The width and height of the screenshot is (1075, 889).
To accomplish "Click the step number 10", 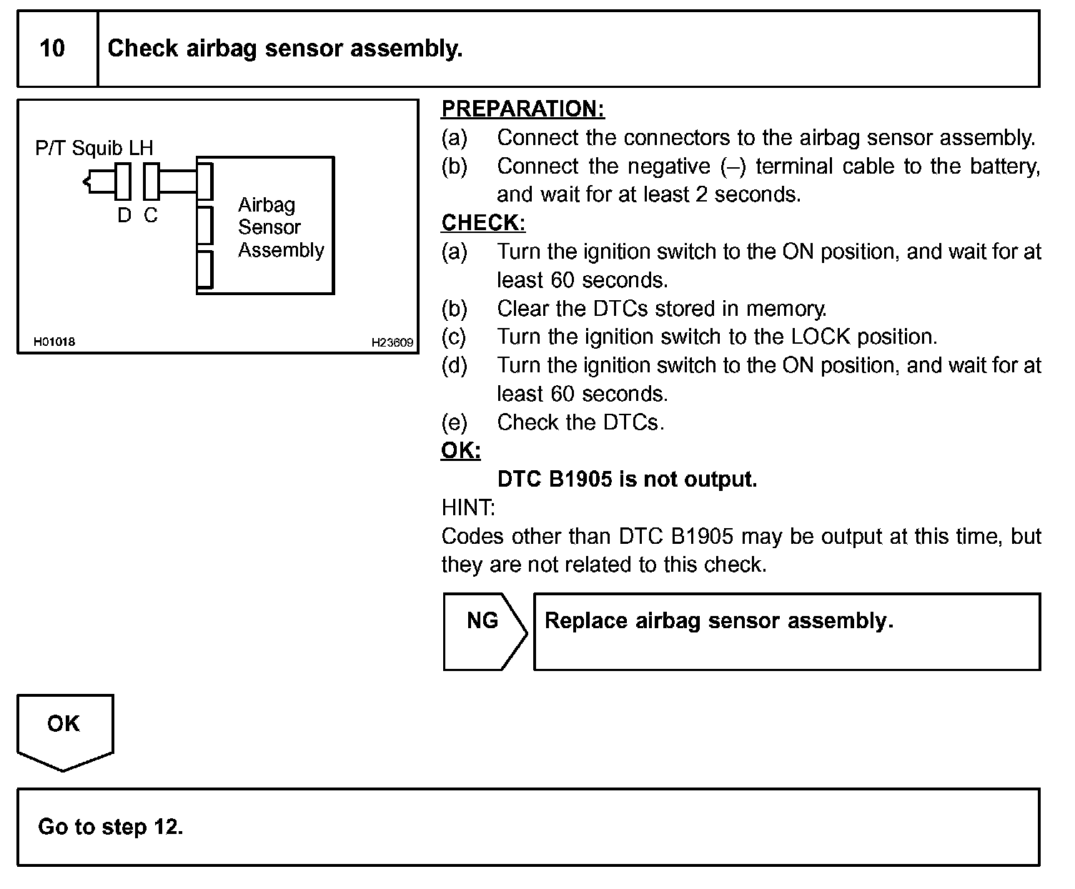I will point(52,49).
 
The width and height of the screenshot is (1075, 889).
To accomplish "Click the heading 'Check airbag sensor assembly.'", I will point(284,49).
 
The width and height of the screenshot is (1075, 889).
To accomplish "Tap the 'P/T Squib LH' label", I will point(94,148).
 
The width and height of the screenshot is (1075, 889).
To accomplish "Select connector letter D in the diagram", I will point(124,215).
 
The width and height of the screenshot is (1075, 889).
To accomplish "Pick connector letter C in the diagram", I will point(150,215).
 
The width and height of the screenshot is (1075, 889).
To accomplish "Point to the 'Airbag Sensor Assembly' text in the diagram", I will point(280,227).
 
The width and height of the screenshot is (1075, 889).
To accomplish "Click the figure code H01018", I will point(54,342).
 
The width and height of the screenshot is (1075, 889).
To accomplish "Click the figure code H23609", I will point(392,342).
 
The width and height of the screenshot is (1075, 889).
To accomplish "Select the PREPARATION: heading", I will point(522,109).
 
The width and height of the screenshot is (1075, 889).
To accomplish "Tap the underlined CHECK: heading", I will point(483,223).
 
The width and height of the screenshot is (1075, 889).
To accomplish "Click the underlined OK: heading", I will point(461,450).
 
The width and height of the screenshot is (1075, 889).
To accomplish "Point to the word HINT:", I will point(468,507).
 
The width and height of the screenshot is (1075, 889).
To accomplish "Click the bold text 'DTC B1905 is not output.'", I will point(627,479).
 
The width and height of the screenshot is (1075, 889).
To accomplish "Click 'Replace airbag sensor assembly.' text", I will point(718,620).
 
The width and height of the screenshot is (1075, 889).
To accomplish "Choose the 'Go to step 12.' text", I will point(110,827).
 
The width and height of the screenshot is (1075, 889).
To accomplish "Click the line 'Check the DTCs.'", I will point(580,422).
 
